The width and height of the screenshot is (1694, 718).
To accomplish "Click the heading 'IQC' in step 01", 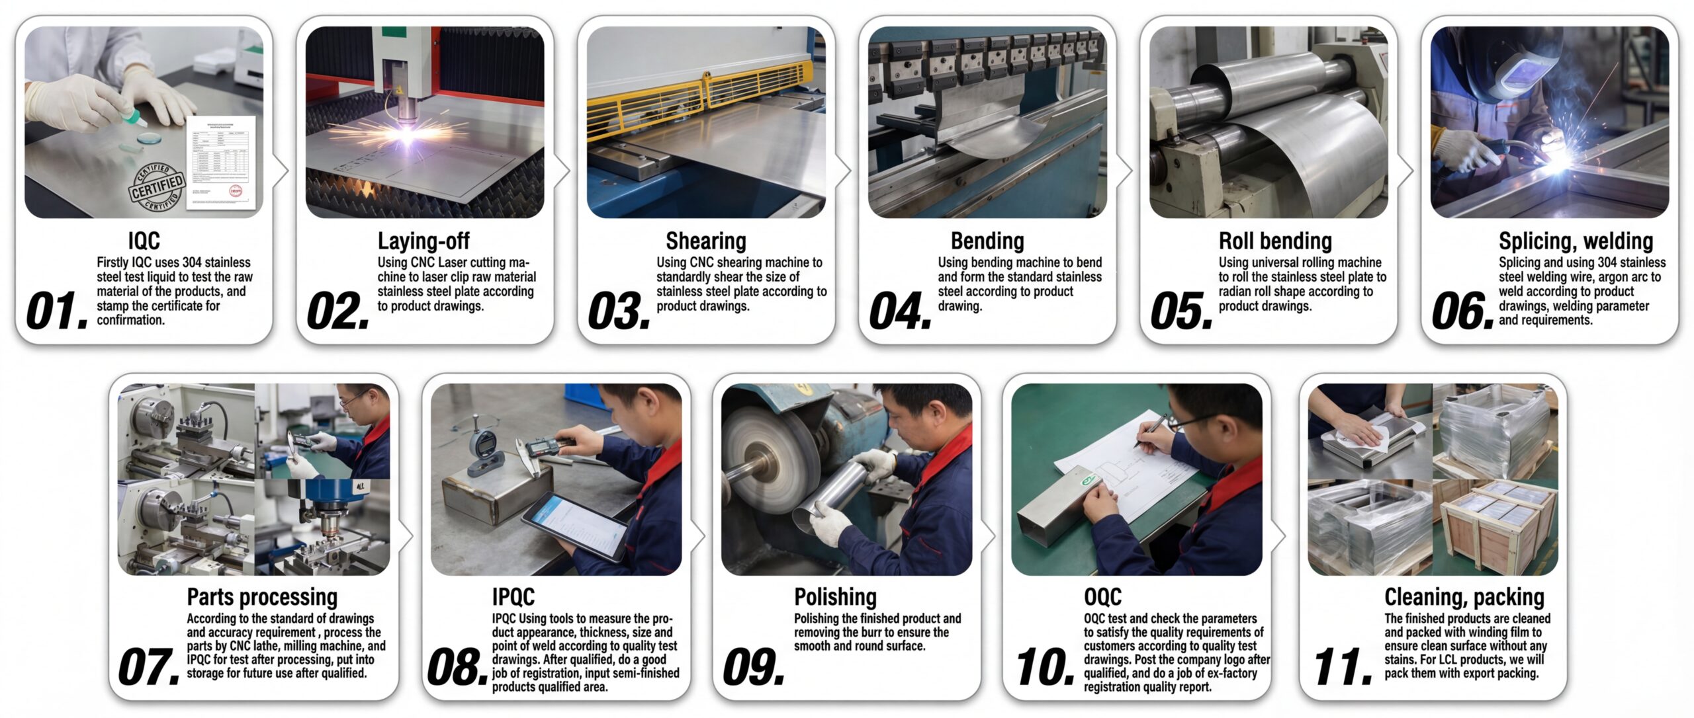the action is pyautogui.click(x=144, y=241).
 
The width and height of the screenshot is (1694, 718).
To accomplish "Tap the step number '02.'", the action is pyautogui.click(x=338, y=311).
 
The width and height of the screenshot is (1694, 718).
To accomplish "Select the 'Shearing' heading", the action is pyautogui.click(x=705, y=241).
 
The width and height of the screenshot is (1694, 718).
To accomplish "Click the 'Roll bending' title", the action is pyautogui.click(x=1275, y=241).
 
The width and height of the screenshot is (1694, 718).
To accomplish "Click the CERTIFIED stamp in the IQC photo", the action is pyautogui.click(x=156, y=188).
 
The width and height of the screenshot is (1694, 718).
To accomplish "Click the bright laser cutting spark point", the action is pyautogui.click(x=404, y=134).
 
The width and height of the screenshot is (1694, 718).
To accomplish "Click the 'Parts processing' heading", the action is pyautogui.click(x=262, y=597).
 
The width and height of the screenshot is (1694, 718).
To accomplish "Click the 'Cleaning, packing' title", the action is pyautogui.click(x=1464, y=597).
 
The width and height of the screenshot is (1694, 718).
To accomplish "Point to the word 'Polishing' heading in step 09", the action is pyautogui.click(x=835, y=597).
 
